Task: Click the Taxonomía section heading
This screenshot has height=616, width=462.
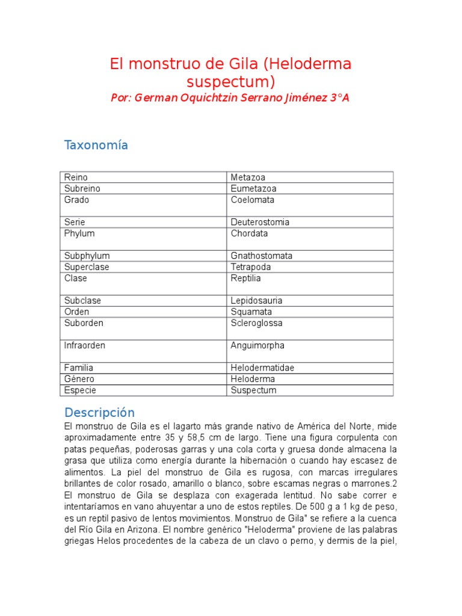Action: point(96,146)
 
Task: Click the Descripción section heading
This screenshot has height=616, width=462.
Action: point(99,413)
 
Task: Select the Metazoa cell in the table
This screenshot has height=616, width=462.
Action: point(248,177)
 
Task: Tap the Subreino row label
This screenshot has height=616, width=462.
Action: point(82,188)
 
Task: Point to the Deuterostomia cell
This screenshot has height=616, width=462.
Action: point(260,222)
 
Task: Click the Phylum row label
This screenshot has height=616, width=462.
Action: point(79,233)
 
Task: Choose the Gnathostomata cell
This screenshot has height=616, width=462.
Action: point(262,256)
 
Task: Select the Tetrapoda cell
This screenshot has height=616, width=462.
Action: point(251,267)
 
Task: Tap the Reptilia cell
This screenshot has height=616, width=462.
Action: point(246,278)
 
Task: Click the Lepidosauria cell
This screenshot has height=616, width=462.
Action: point(257,300)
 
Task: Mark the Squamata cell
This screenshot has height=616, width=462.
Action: point(251,312)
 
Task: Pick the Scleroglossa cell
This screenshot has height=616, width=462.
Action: point(257,323)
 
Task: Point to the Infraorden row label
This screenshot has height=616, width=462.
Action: point(85,345)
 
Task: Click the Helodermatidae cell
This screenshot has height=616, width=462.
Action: point(262,368)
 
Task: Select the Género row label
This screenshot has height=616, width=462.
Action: point(79,379)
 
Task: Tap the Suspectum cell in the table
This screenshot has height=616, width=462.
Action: point(253,390)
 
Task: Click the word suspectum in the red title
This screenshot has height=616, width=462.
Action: point(230,81)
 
